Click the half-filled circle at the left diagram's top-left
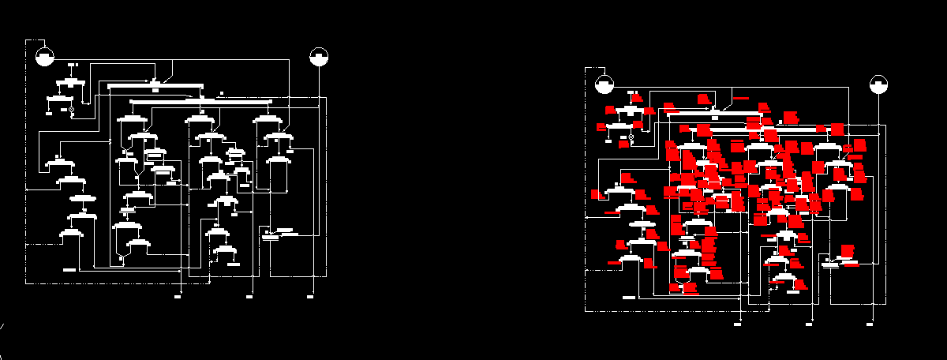pyautogui.click(x=45, y=56)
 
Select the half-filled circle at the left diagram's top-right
pyautogui.click(x=319, y=56)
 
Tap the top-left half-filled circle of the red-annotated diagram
pyautogui.click(x=604, y=84)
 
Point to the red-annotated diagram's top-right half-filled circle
pyautogui.click(x=878, y=84)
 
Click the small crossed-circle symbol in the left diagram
pyautogui.click(x=70, y=109)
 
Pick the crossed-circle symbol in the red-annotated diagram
pyautogui.click(x=630, y=137)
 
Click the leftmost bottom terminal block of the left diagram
pyautogui.click(x=178, y=297)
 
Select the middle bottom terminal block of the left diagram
pyautogui.click(x=249, y=297)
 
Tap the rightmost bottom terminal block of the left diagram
pyautogui.click(x=310, y=297)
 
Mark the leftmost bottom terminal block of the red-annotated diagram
pyautogui.click(x=737, y=324)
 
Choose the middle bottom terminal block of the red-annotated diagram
pyautogui.click(x=809, y=324)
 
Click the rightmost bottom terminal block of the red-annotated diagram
pyautogui.click(x=870, y=324)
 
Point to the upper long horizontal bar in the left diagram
pyautogui.click(x=155, y=85)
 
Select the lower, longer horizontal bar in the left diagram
pyautogui.click(x=200, y=101)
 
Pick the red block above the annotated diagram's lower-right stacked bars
pyautogui.click(x=847, y=249)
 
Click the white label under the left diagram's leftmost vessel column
pyautogui.click(x=69, y=269)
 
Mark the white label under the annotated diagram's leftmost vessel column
pyautogui.click(x=629, y=298)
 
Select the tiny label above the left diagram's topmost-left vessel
pyautogui.click(x=72, y=64)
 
